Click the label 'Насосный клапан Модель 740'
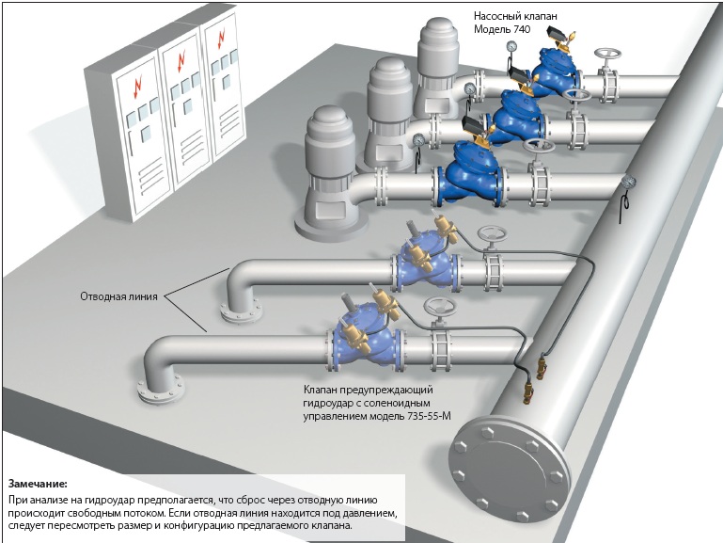pos(515,23)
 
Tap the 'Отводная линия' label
pos(119,296)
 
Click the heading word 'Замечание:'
pos(38,484)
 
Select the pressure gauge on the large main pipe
pos(627,182)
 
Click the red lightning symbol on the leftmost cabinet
pos(138,88)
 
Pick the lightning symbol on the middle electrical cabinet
pos(181,62)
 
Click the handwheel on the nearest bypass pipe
pos(439,306)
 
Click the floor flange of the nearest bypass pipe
pos(161,391)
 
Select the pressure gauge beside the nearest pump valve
pos(418,140)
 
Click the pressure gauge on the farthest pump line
pos(511,46)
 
